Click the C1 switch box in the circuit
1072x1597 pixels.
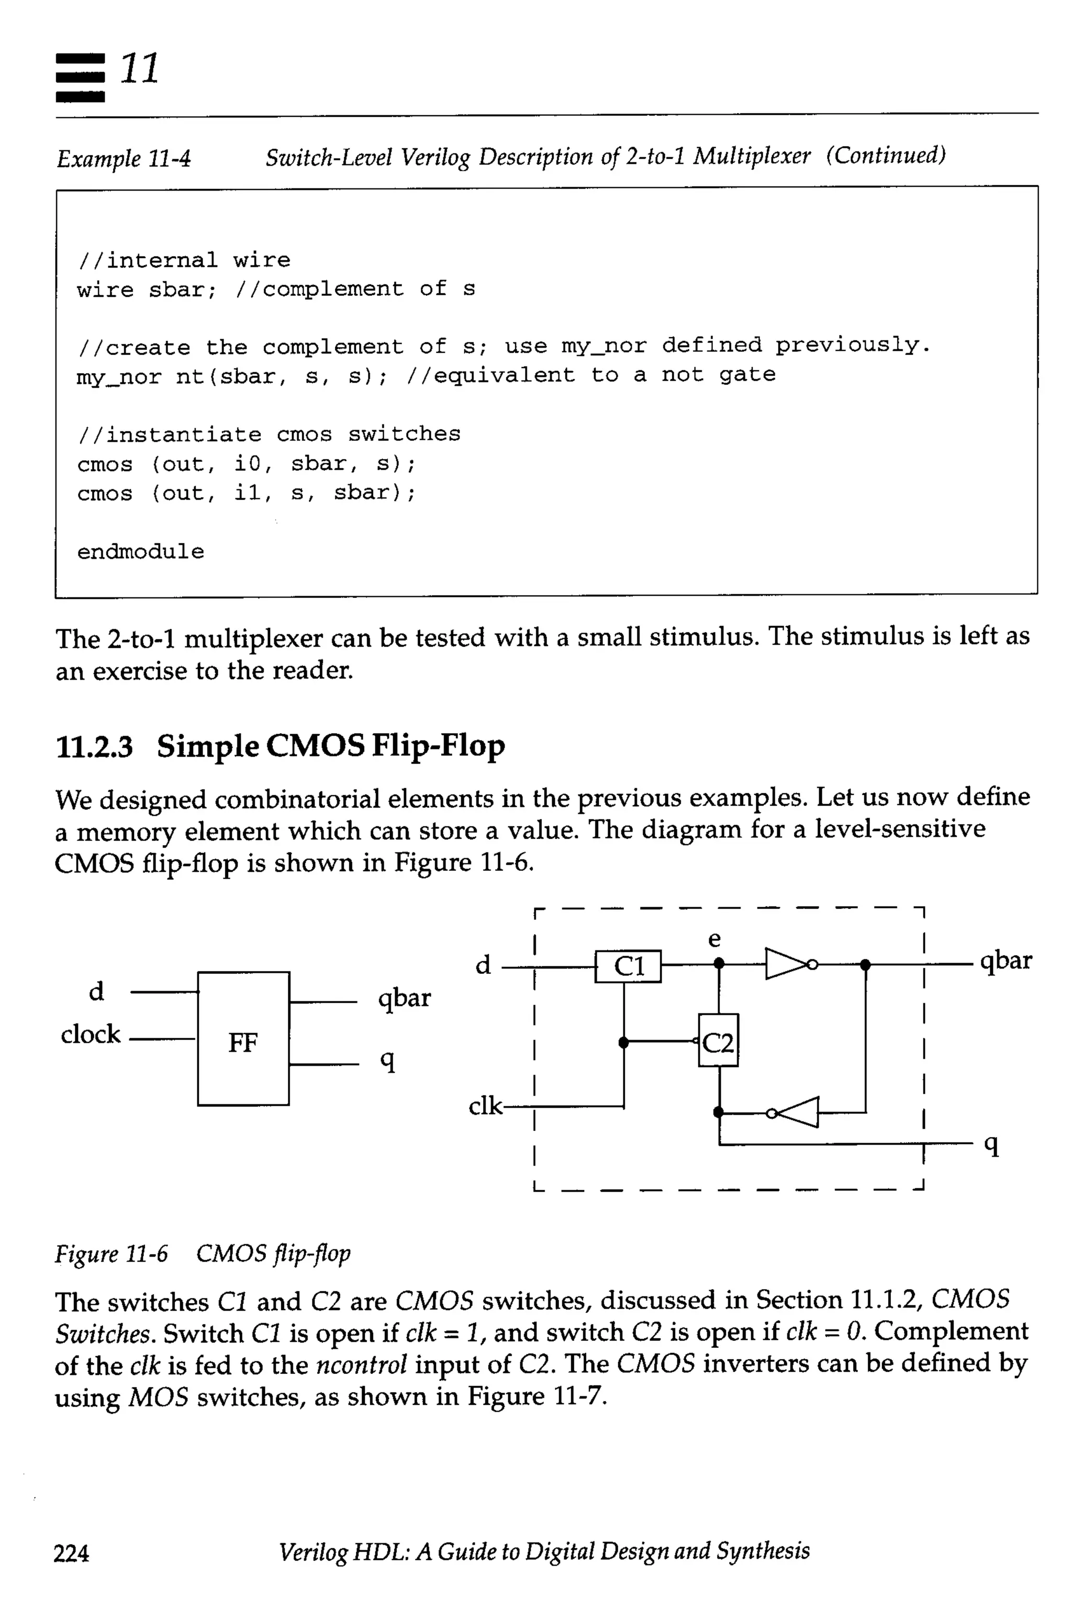coord(628,966)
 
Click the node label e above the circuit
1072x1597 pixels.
coord(714,939)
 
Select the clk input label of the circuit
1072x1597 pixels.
coord(485,1105)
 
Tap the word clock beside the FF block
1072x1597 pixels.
coord(90,1034)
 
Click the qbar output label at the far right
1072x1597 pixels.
coord(1005,961)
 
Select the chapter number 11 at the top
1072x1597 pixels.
coord(140,69)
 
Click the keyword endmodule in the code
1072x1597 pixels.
coord(140,551)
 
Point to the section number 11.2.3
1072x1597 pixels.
coord(94,746)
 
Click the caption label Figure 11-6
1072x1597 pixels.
coord(111,1254)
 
